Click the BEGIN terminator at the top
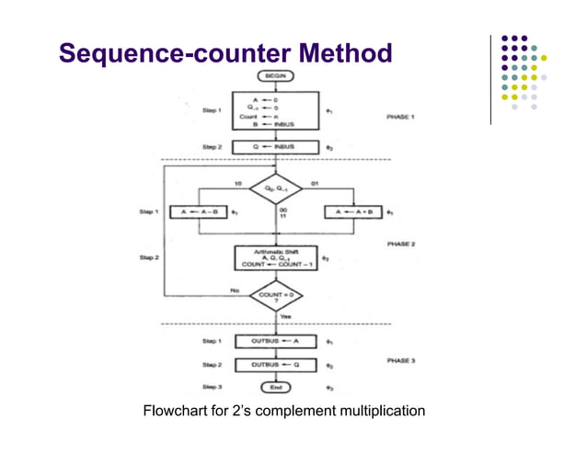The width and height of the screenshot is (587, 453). click(274, 74)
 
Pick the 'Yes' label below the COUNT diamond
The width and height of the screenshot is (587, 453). click(284, 317)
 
